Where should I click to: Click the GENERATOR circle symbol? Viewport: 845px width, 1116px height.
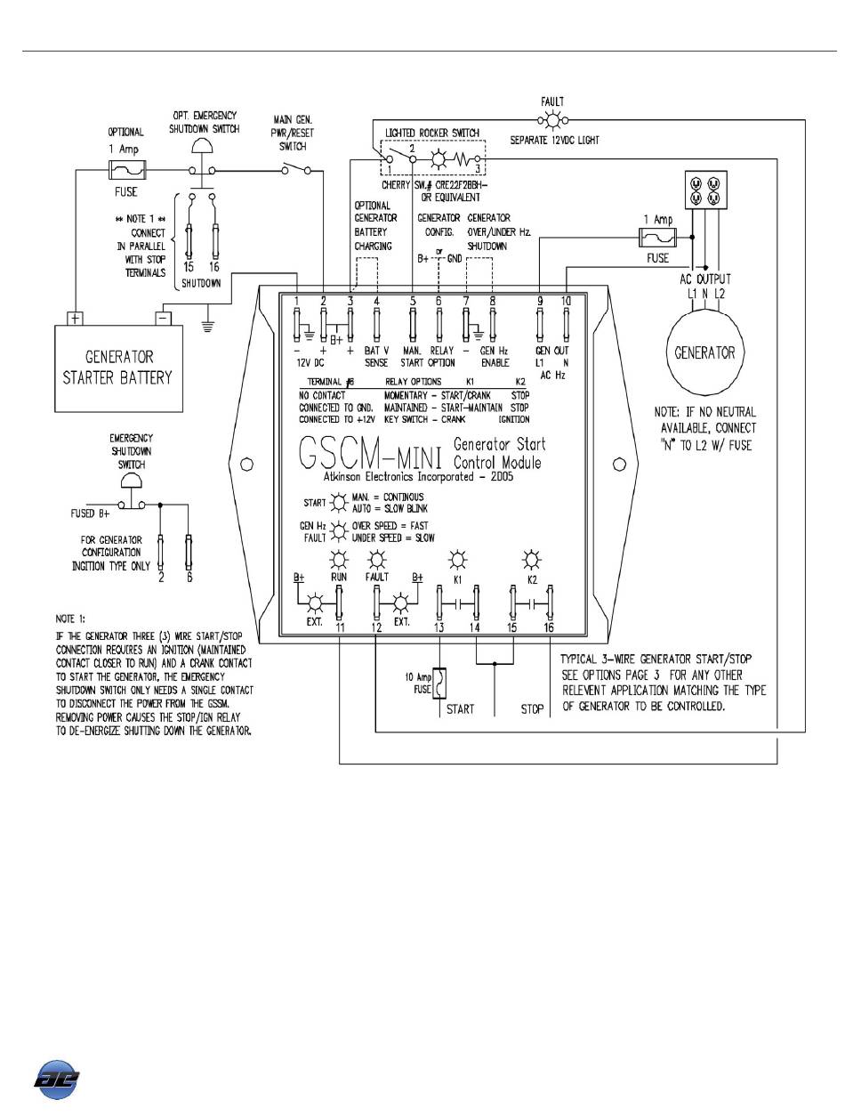click(x=703, y=353)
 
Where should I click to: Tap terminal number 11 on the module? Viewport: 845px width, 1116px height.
click(x=340, y=628)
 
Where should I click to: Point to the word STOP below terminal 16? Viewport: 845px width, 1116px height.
click(x=532, y=709)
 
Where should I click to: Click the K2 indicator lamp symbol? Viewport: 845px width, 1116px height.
click(x=532, y=560)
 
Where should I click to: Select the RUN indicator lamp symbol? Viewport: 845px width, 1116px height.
click(x=339, y=560)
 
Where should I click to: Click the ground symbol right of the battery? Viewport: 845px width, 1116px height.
click(x=208, y=325)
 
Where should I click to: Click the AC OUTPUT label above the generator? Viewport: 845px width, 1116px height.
click(x=704, y=277)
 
